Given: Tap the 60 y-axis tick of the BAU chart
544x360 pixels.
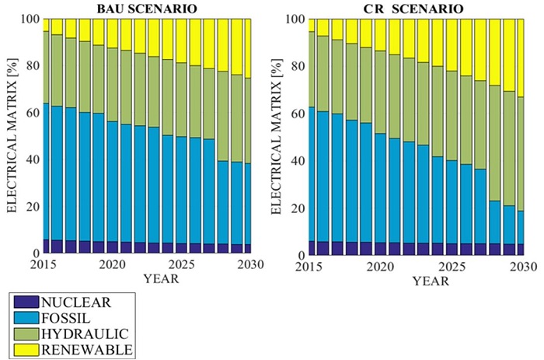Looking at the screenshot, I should tap(34, 112).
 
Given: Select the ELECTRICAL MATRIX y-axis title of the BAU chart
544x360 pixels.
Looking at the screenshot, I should tap(14, 136).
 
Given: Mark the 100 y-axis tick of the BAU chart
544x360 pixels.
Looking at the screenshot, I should tap(31, 19).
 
